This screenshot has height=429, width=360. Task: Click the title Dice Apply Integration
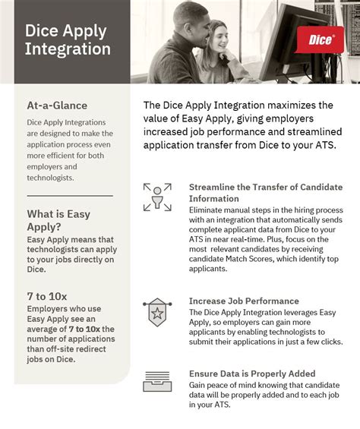point(68,41)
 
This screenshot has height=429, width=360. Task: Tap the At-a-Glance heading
point(57,106)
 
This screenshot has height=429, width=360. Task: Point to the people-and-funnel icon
point(157,197)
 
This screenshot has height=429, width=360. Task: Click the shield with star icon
point(157,311)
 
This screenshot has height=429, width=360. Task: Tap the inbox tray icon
point(157,383)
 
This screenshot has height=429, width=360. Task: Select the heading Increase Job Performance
point(244,301)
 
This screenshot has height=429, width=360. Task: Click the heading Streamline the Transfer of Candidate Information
point(264,193)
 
